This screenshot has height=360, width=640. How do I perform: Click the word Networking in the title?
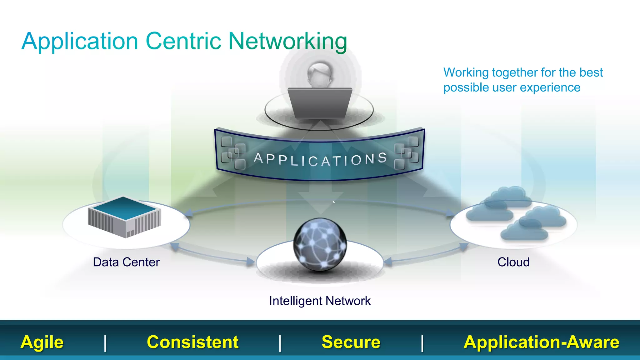click(287, 41)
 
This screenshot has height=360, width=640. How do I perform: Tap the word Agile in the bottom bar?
click(42, 342)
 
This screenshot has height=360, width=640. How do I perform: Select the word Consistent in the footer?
click(192, 342)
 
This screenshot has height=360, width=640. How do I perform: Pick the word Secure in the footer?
click(351, 342)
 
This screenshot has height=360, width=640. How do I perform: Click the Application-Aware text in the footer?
click(541, 342)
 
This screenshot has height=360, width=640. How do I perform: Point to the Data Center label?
click(126, 262)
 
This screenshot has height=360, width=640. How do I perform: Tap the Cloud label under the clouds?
click(513, 262)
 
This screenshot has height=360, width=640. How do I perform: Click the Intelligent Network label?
click(320, 301)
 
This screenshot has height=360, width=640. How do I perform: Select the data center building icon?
click(124, 217)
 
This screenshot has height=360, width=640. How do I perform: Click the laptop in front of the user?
click(320, 103)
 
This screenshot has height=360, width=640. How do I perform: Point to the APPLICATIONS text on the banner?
click(320, 159)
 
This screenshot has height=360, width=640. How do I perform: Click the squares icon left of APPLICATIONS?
click(233, 152)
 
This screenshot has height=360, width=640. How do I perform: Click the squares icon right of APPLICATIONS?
click(407, 152)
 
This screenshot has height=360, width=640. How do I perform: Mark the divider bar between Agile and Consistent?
click(105, 343)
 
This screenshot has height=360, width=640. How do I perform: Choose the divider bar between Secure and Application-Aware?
click(422, 343)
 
